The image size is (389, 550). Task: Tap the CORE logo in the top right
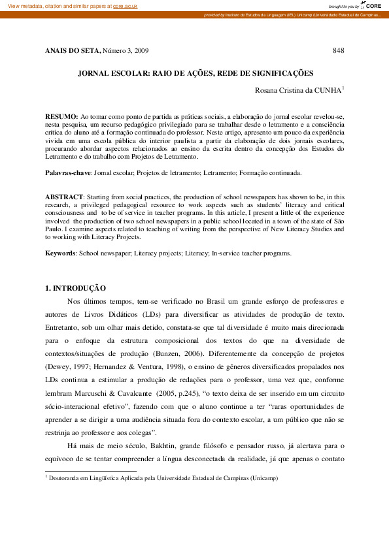click(373, 5)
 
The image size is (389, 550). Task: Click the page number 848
click(338, 50)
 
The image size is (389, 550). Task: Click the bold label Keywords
click(60, 252)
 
